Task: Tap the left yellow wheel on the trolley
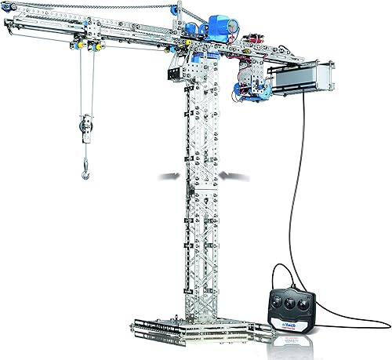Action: point(82,46)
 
